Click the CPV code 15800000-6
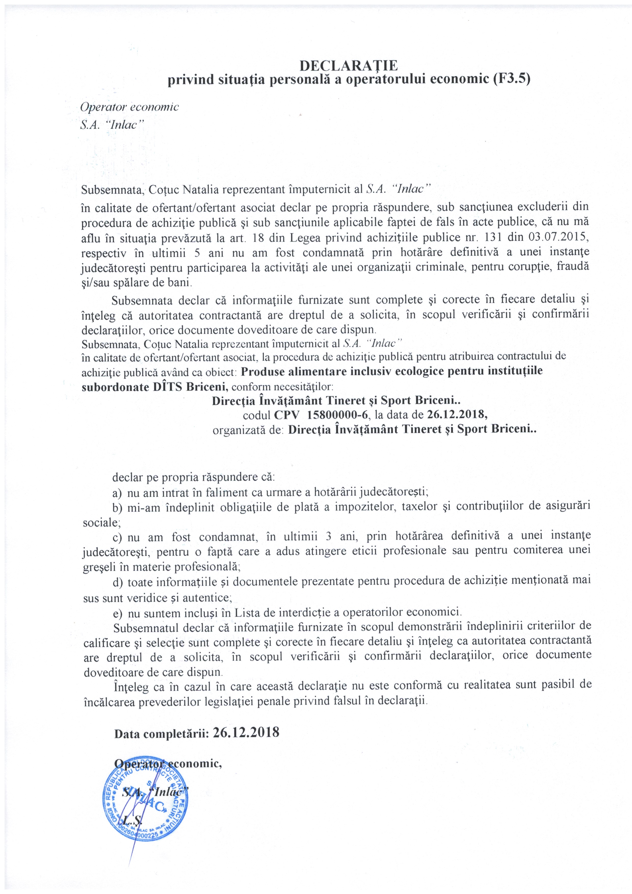click(x=337, y=414)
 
